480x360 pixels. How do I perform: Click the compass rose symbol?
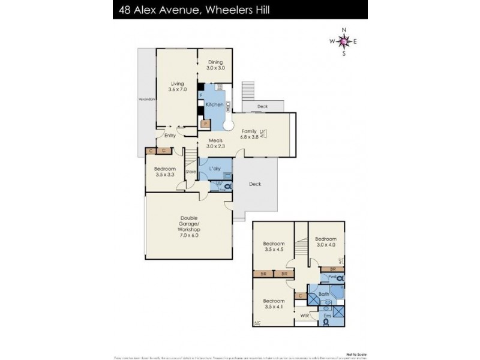(343, 41)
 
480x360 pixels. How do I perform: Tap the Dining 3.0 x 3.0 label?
(216, 65)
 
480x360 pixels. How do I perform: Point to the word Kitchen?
(214, 105)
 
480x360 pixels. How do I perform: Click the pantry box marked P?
(206, 124)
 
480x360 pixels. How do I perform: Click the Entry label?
(170, 136)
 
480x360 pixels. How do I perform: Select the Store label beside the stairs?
(191, 172)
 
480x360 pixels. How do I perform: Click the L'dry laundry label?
(215, 169)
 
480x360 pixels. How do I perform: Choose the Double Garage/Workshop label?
(188, 227)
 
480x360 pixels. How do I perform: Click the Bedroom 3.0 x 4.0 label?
(326, 240)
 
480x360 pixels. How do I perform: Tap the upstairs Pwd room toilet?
(340, 278)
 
